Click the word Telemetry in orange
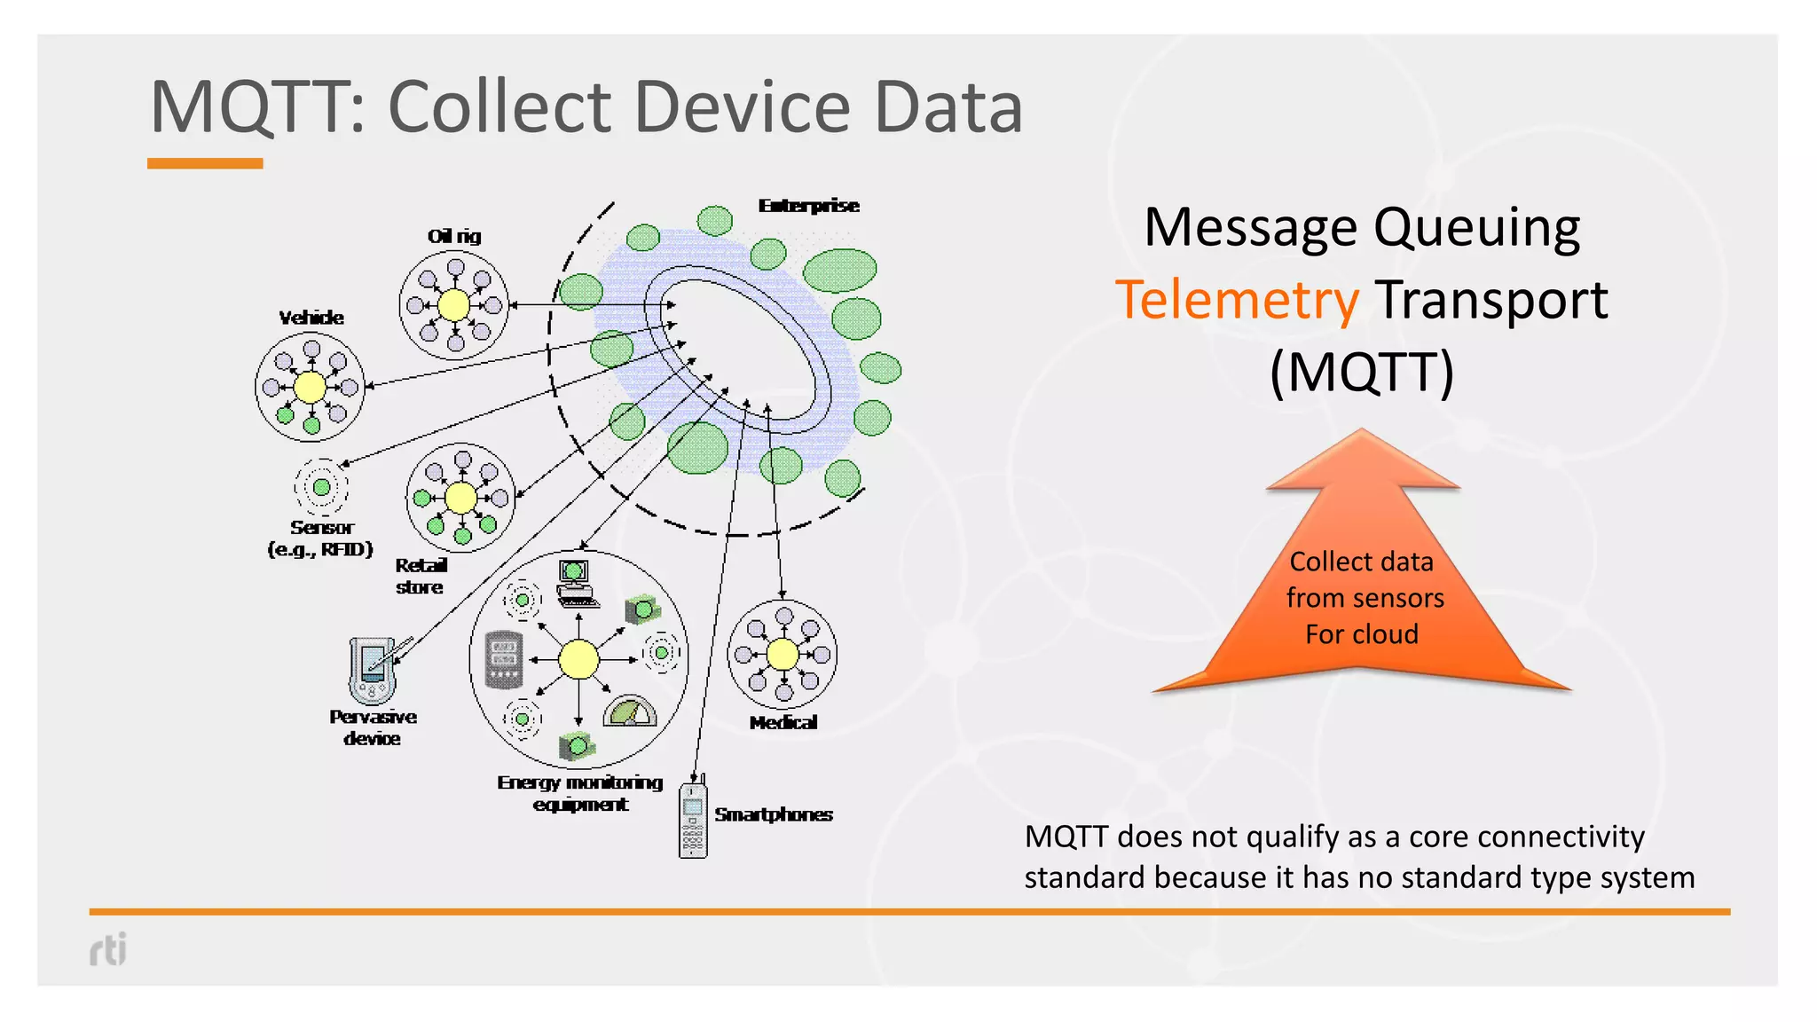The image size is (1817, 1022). tap(1237, 300)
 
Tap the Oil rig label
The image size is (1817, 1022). tap(454, 236)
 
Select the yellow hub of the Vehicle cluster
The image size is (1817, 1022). tap(310, 388)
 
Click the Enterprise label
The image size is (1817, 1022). tap(808, 206)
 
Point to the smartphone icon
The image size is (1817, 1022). tap(693, 819)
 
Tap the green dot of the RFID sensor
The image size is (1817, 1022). tap(321, 487)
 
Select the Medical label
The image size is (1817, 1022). tap(783, 723)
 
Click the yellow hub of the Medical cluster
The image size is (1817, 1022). tap(782, 655)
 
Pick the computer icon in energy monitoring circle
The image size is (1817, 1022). tap(576, 583)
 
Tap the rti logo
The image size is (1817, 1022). tap(108, 949)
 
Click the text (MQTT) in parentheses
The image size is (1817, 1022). tap(1362, 372)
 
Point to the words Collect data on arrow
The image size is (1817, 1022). tap(1361, 562)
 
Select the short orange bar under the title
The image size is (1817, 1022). tap(205, 163)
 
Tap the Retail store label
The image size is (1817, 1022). tap(421, 576)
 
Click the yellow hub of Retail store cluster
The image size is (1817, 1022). tap(460, 498)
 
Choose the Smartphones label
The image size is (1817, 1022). tap(774, 814)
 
